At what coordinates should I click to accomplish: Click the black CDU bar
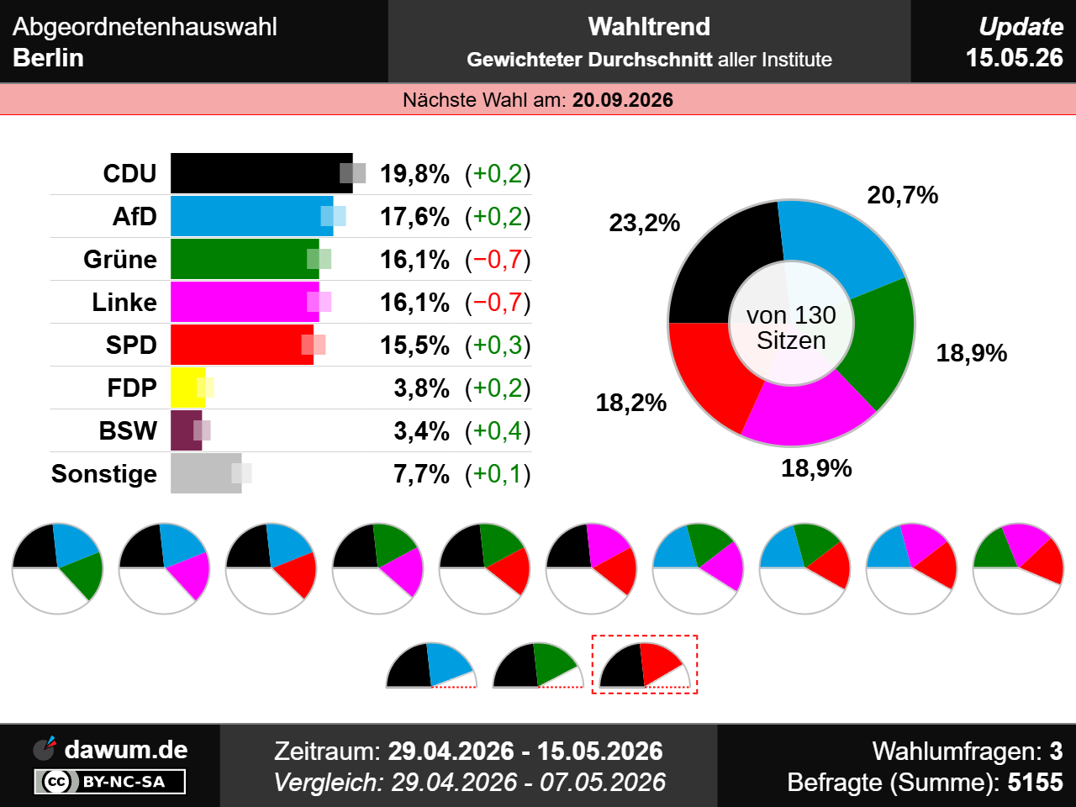coord(261,173)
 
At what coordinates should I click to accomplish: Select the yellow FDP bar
coord(187,388)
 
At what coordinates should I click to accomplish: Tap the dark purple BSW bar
coord(187,430)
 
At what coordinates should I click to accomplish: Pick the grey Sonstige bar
coord(206,473)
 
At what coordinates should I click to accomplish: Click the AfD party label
coord(134,217)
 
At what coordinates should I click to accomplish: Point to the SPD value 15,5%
coord(414,345)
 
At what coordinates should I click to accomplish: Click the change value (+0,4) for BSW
coord(498,431)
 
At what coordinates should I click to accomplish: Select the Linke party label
coord(124,303)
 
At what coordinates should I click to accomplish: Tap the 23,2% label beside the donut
coord(644,223)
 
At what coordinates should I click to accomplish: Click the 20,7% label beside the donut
coord(903,195)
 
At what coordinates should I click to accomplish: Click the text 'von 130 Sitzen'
coord(791,328)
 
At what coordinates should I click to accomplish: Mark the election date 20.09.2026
coord(623,100)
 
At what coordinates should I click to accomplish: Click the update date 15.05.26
coord(1015,58)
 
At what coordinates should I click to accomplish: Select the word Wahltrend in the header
coord(649,26)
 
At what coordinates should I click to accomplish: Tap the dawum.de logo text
coord(126,750)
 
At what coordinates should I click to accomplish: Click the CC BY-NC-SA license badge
coord(110,782)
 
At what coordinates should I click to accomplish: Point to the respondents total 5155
coord(1036,782)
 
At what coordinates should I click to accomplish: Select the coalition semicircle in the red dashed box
coord(645,665)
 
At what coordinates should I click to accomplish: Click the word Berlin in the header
coord(48,58)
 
